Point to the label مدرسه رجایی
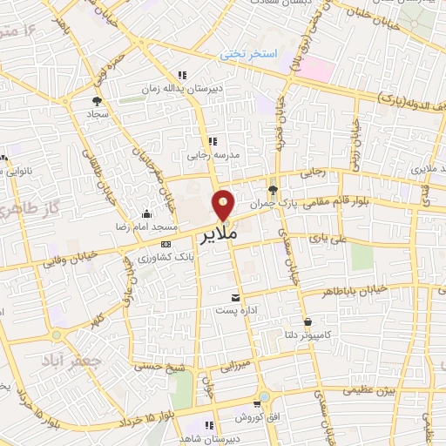point(211,156)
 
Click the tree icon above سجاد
point(96,101)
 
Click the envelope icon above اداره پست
point(233,297)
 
